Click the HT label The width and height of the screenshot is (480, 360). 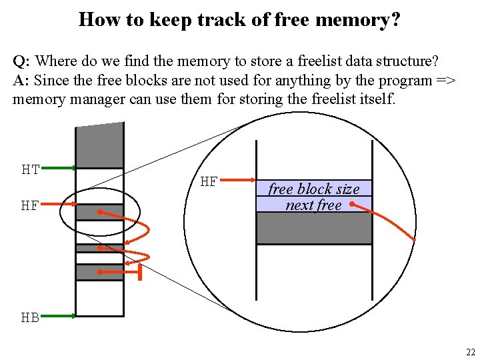pyautogui.click(x=31, y=169)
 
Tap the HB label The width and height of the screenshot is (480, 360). pyautogui.click(x=30, y=317)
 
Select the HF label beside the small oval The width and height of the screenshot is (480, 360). pyautogui.click(x=30, y=205)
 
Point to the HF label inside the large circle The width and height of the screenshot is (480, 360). pyautogui.click(x=209, y=181)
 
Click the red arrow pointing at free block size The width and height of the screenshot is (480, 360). pyautogui.click(x=240, y=180)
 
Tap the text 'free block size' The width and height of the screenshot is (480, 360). pyautogui.click(x=313, y=189)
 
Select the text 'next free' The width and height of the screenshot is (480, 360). pyautogui.click(x=313, y=205)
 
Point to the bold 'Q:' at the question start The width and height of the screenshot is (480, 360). pyautogui.click(x=21, y=61)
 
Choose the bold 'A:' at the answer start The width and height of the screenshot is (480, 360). pyautogui.click(x=21, y=81)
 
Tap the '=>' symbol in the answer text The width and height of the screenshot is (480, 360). pyautogui.click(x=446, y=81)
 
